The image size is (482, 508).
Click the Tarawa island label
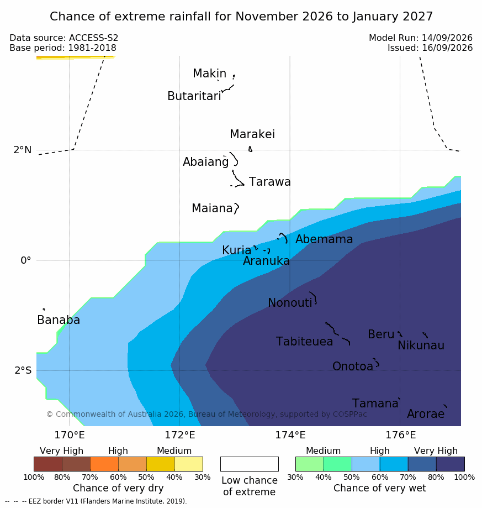point(269,182)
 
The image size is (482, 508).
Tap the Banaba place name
point(59,320)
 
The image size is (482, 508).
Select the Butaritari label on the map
point(194,96)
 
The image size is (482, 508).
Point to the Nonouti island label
point(290,302)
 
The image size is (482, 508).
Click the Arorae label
point(426,413)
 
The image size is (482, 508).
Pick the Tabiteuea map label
point(304,342)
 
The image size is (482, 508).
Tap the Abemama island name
point(324,239)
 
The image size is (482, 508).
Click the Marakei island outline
point(250,149)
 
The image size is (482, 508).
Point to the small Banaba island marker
point(44,310)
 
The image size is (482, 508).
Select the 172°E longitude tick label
point(180,435)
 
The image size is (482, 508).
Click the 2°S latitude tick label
point(23,370)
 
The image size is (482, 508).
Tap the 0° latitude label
point(26,260)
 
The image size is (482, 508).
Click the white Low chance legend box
point(250,464)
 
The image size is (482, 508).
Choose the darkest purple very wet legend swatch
point(451,464)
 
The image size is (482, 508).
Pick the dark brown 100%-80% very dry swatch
point(48,464)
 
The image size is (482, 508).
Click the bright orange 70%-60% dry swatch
point(104,464)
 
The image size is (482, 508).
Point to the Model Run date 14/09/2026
point(447,38)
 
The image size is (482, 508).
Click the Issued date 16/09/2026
point(447,48)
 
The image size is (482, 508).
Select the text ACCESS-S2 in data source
point(93,38)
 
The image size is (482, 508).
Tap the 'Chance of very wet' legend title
point(380,488)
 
